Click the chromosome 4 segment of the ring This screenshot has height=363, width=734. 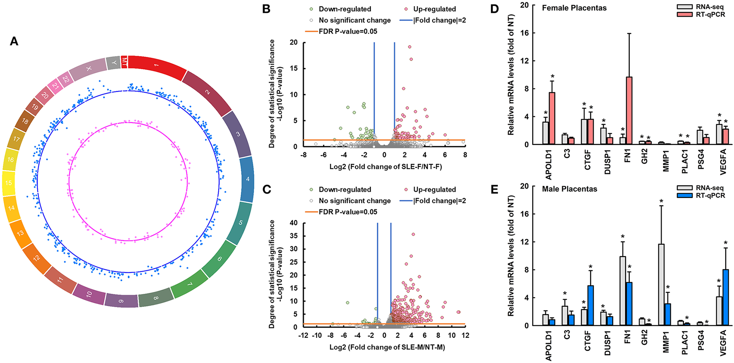[x=247, y=179]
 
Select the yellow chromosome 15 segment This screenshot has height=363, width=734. [x=9, y=183]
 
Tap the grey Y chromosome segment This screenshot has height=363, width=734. [x=113, y=63]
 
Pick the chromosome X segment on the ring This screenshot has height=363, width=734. [x=88, y=69]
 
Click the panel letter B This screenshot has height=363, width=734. [x=266, y=9]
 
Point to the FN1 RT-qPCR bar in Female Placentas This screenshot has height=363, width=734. [x=628, y=111]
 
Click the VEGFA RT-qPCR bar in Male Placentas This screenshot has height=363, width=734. [x=725, y=298]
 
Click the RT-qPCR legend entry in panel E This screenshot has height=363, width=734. [x=710, y=195]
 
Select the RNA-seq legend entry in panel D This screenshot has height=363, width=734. [x=710, y=7]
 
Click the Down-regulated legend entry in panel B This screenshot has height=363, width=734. [x=345, y=9]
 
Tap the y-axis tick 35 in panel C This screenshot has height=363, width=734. [x=293, y=236]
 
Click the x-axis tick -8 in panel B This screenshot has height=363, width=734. [x=304, y=155]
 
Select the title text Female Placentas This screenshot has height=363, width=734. [x=574, y=8]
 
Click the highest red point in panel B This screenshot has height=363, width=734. [x=410, y=47]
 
